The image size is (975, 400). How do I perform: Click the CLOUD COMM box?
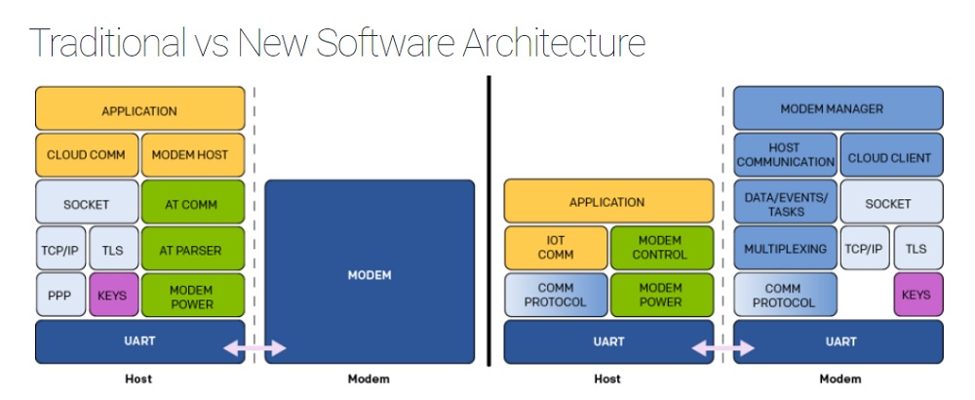[x=87, y=155]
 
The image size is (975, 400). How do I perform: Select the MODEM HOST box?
[x=192, y=155]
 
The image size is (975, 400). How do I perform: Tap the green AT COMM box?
[x=192, y=204]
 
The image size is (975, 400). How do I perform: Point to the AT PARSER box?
[x=192, y=250]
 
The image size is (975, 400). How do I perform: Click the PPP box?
[x=59, y=296]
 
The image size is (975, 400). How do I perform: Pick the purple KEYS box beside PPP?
[x=112, y=296]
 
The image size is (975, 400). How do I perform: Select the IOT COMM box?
[x=555, y=248]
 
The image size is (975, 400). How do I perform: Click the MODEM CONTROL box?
[x=661, y=248]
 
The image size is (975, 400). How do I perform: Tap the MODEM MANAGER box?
[x=838, y=108]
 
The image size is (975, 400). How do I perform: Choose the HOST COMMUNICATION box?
[x=784, y=155]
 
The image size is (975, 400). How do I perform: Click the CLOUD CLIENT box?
[x=890, y=156]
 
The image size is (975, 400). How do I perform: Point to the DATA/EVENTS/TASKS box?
[x=784, y=203]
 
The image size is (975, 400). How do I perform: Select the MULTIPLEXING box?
[x=784, y=249]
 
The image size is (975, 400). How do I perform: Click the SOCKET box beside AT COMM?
[x=87, y=204]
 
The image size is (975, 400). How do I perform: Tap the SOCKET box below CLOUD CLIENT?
[x=890, y=204]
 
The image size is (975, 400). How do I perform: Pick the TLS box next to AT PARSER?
[x=112, y=250]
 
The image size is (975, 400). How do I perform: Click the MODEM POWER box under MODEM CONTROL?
[x=661, y=295]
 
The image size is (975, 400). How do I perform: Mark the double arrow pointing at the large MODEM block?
[x=253, y=348]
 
